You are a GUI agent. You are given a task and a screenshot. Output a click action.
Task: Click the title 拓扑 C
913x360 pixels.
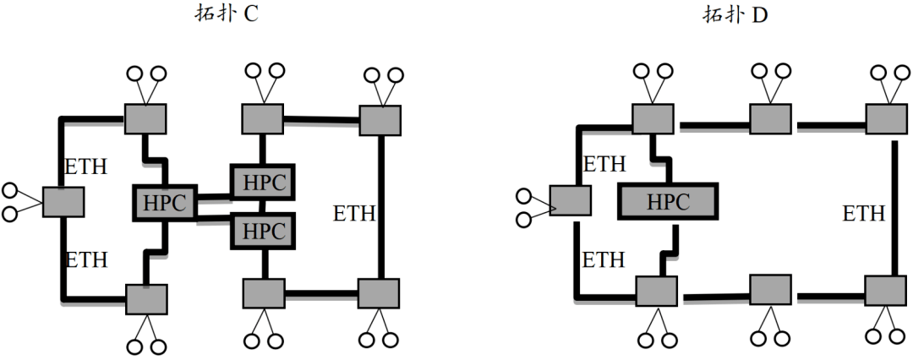coord(227,14)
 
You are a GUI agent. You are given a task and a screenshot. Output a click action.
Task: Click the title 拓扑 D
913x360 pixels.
coord(735,14)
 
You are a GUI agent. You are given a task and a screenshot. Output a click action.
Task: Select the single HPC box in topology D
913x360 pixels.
coord(668,202)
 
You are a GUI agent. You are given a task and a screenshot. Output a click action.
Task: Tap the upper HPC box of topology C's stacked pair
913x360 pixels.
coord(263,183)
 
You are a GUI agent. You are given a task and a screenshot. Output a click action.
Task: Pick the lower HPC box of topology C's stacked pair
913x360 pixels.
coord(263,231)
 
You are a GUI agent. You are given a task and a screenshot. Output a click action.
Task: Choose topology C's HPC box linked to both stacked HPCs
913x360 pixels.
coord(165,203)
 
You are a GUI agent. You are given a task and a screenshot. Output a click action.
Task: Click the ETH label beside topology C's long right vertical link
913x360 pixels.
coord(353,213)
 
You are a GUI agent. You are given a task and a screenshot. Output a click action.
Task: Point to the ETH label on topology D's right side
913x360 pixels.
coord(864,213)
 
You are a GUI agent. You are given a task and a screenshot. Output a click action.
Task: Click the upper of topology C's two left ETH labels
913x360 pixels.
coord(86,166)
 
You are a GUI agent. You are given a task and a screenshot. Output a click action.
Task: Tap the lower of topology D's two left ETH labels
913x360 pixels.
coord(604,259)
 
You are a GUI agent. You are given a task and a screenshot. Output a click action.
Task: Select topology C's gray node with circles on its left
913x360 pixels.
coord(63,202)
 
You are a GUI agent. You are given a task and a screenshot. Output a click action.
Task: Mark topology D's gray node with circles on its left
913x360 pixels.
coord(571,200)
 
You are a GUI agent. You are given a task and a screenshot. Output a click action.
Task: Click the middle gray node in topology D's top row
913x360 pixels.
coord(770,119)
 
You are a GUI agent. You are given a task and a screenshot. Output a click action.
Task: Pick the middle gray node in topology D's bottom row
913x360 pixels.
coord(770,290)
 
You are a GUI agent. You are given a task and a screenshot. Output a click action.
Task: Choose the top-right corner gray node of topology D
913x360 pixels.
coord(886,119)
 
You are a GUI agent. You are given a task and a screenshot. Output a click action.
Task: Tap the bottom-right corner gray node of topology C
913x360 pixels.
coord(379,293)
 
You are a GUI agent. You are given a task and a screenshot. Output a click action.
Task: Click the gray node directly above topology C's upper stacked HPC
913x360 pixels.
coord(263,119)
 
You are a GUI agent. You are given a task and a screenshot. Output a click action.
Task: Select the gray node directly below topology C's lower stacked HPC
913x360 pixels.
coord(264,293)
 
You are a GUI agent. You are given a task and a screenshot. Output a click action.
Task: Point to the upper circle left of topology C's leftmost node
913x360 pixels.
coord(10,190)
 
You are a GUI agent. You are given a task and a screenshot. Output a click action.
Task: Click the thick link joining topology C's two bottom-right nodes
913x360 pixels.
coord(321,293)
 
